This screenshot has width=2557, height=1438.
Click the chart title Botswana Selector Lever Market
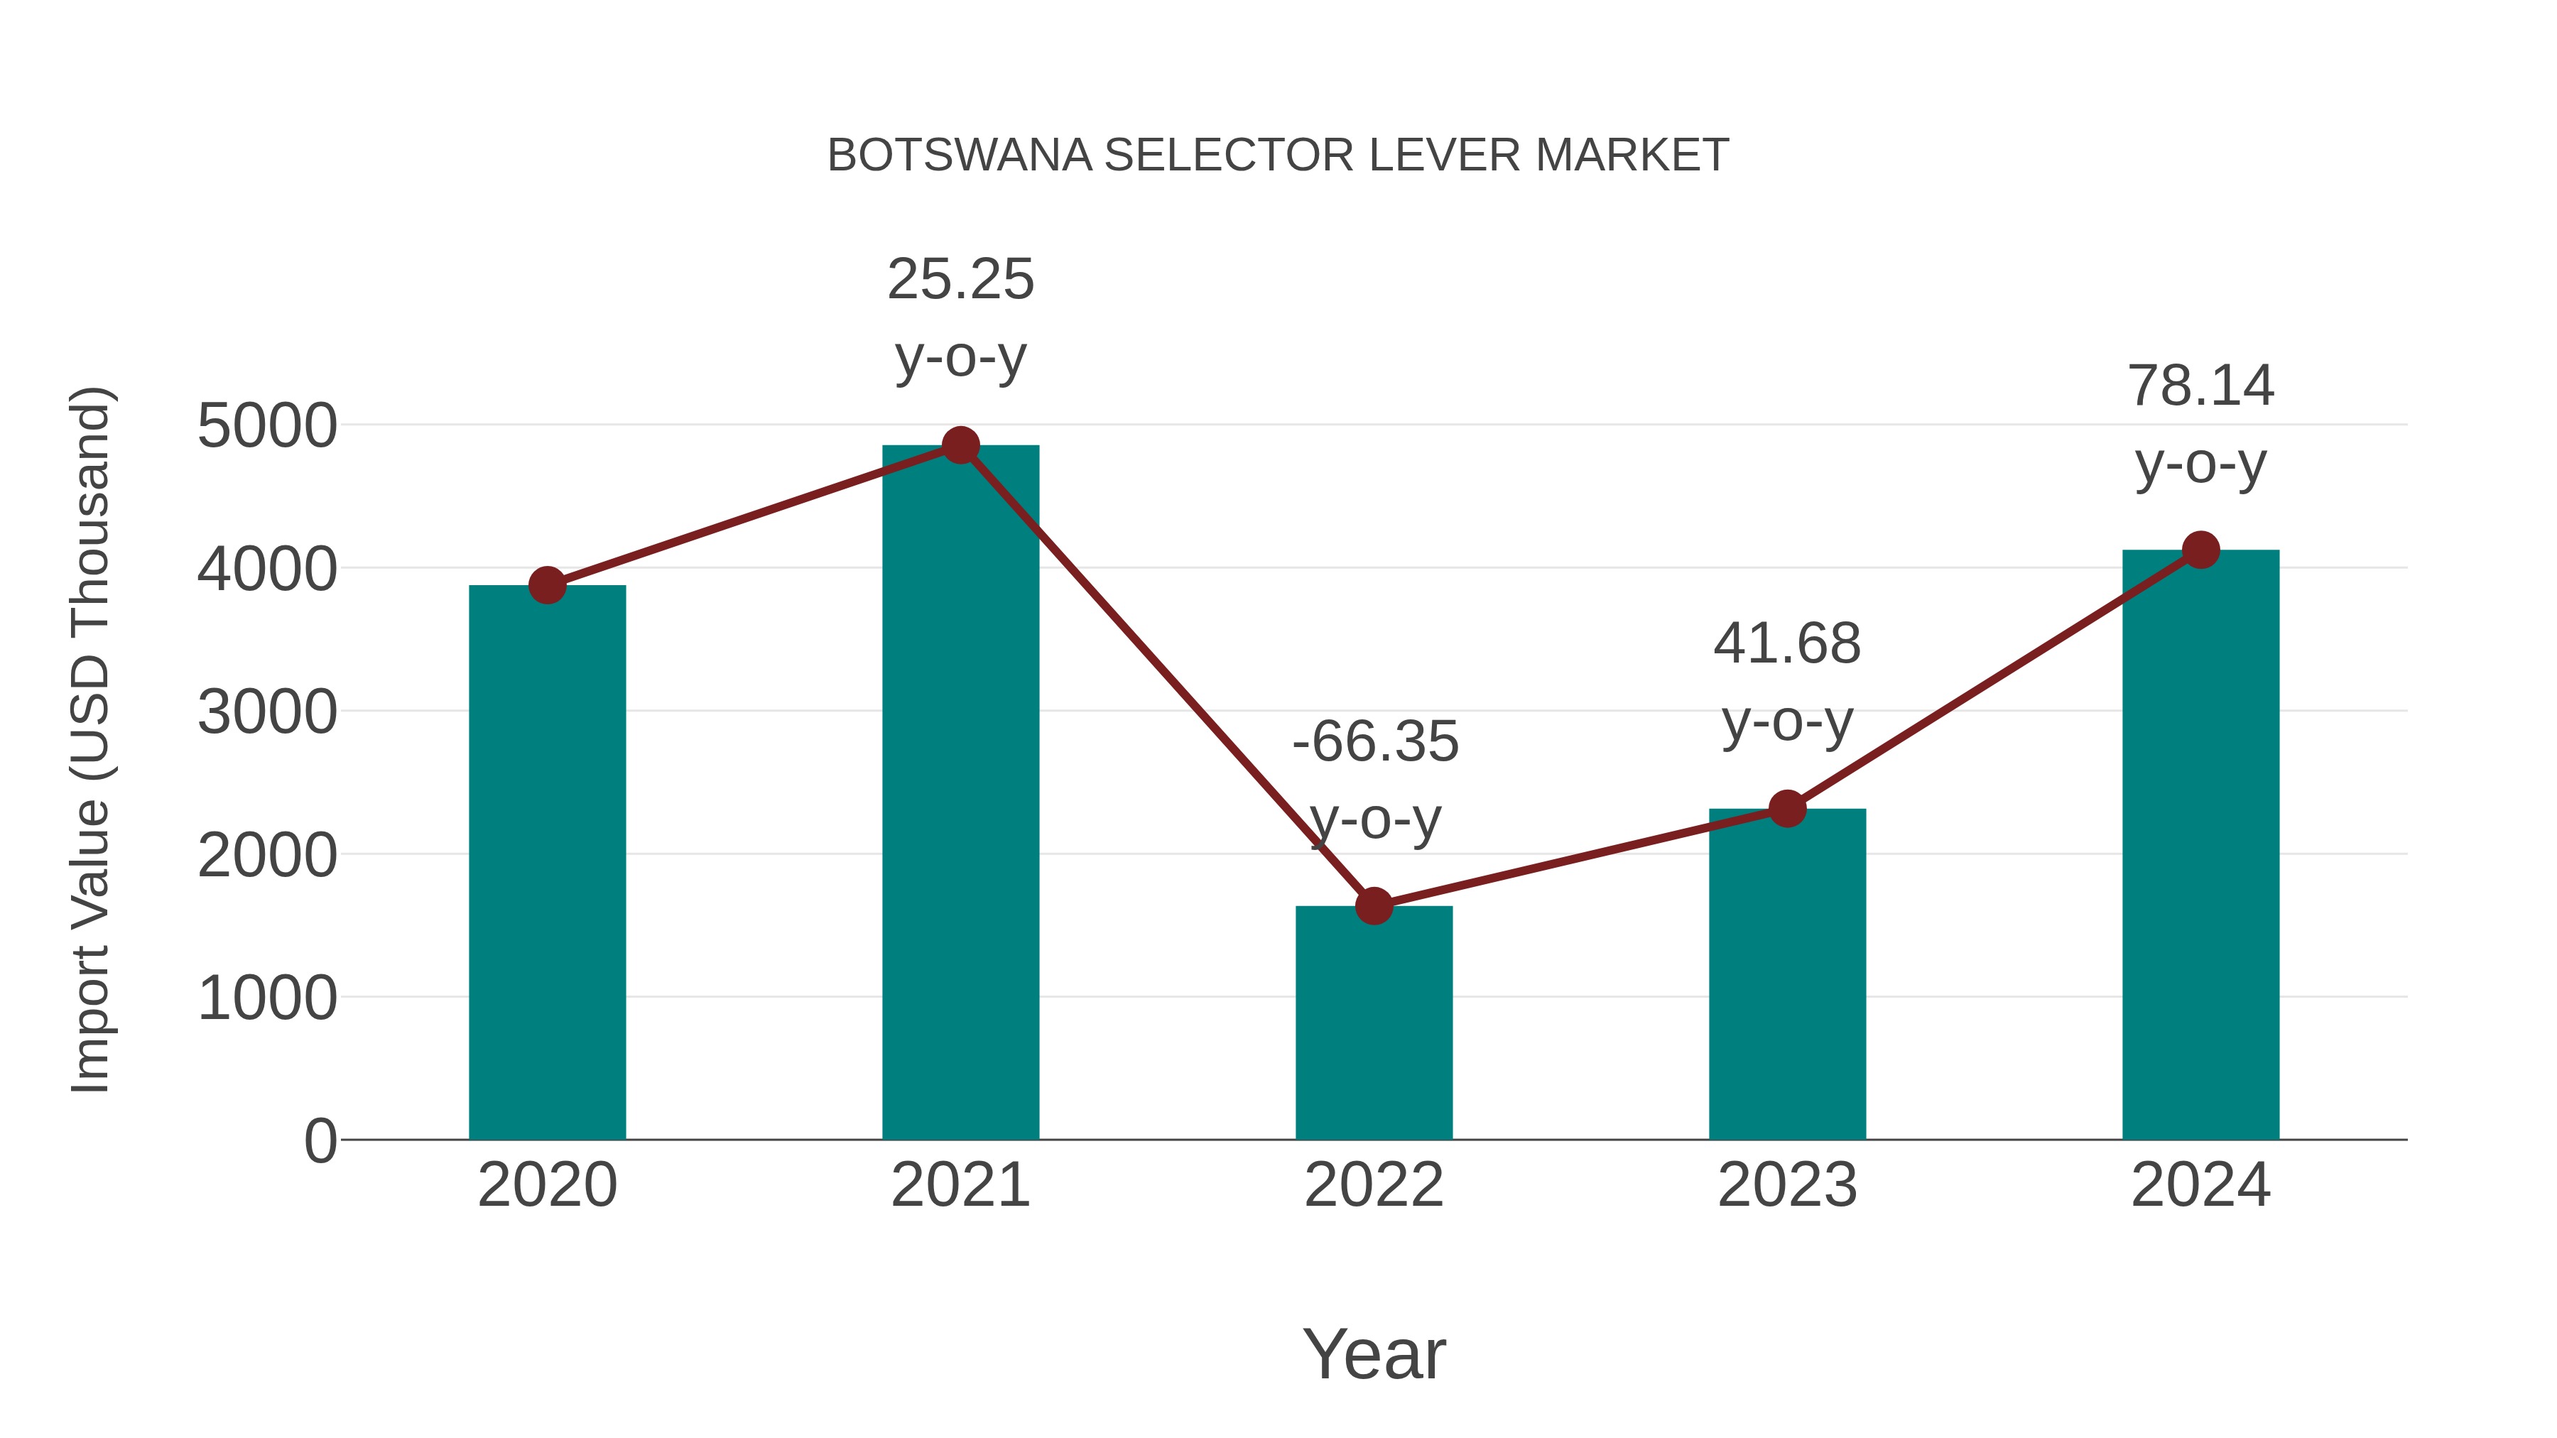coord(1278,156)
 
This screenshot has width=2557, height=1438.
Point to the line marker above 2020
coord(547,586)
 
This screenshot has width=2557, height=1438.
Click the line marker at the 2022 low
coord(1374,905)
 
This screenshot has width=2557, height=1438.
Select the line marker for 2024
coord(2200,550)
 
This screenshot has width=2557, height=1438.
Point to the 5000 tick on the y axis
coord(267,427)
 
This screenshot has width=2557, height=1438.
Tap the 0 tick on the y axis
coord(320,1141)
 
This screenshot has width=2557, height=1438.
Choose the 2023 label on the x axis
coord(1787,1185)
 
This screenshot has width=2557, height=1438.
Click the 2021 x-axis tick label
coord(960,1185)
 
